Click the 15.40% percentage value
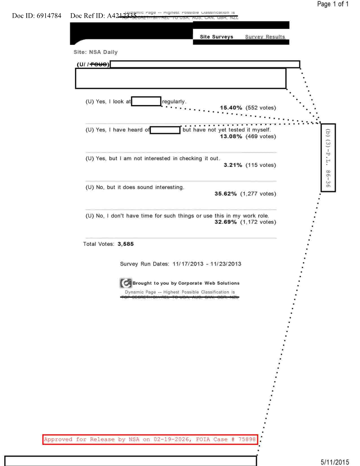coord(231,108)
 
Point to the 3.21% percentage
coord(233,165)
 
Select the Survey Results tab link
coord(265,37)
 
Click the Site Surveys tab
coord(216,37)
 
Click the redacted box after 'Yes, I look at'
coord(146,102)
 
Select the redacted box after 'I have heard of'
coord(166,130)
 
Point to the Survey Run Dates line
coord(180,264)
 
